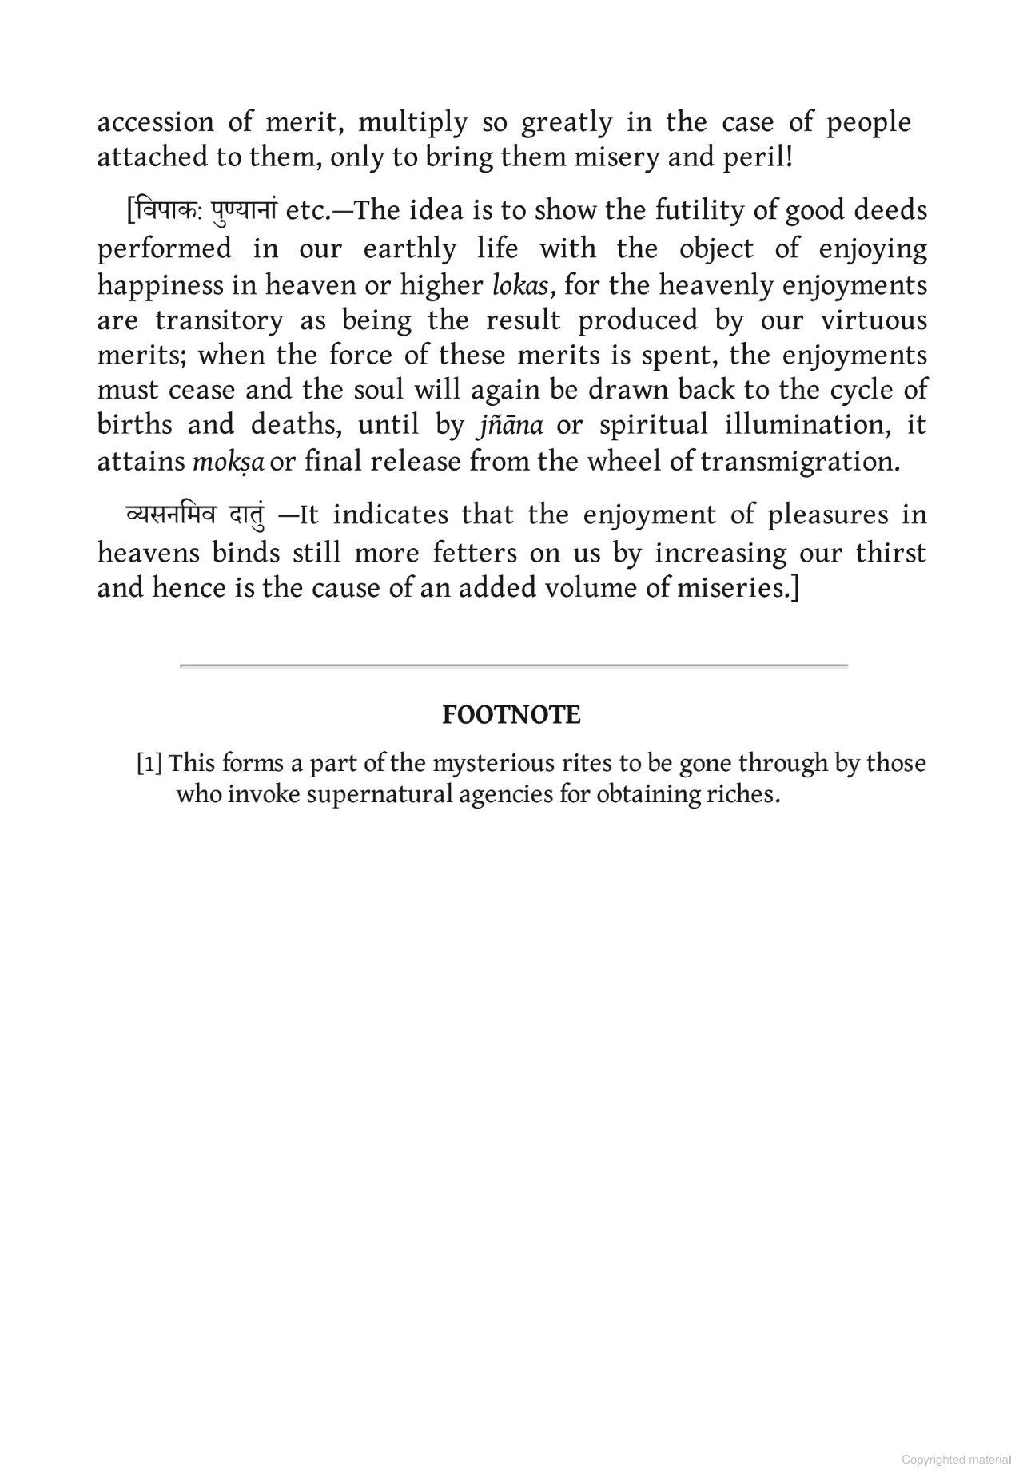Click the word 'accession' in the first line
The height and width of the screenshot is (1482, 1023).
pos(155,122)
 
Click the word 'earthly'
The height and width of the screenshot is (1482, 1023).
pos(409,248)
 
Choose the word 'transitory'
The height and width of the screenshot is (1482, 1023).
pos(219,320)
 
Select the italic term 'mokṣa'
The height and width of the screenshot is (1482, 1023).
pos(228,462)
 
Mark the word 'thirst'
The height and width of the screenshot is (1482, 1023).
pos(890,553)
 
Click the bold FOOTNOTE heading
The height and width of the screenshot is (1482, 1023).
pos(511,715)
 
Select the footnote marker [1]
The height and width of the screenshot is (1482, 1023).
pos(149,764)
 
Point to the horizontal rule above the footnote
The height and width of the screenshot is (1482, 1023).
pos(513,665)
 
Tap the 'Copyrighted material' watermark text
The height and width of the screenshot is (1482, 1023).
pos(956,1460)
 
